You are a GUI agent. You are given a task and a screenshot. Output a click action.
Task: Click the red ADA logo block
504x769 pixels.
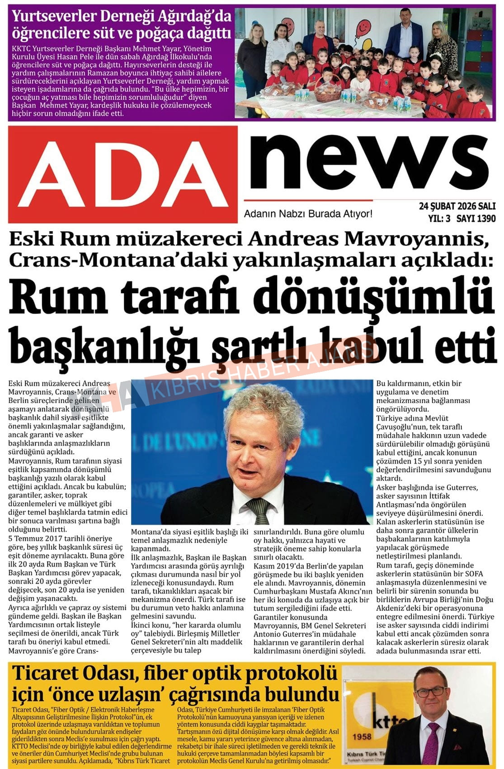[x=122, y=174]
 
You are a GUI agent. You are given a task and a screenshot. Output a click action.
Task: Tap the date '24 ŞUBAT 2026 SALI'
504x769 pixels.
[x=457, y=206]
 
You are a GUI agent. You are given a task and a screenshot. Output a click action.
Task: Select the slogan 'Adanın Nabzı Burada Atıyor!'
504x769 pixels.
[x=308, y=214]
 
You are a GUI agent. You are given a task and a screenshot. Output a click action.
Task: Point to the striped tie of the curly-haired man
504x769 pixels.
[x=259, y=508]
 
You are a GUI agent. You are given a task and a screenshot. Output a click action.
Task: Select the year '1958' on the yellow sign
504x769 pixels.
[x=362, y=736]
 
